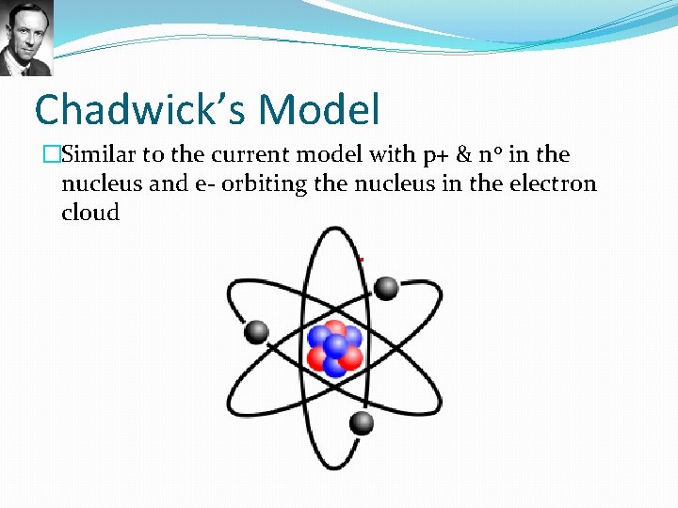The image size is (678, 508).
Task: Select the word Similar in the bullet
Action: [98, 154]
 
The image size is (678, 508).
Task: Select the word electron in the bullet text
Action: [553, 183]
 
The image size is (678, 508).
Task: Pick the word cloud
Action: [90, 212]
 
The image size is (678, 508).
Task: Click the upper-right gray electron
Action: [386, 288]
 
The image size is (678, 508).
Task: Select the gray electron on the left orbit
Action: [256, 331]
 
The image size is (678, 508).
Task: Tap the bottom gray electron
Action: [362, 423]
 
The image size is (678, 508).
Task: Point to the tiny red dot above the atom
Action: [362, 260]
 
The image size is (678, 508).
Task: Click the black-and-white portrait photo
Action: [26, 38]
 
